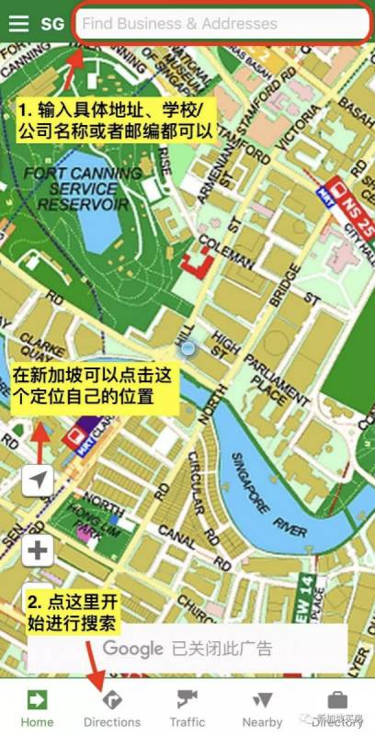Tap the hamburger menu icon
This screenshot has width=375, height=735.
[x=18, y=23]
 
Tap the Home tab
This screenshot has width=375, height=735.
[x=37, y=707]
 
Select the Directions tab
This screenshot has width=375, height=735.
[x=112, y=707]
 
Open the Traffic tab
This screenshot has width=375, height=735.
[x=187, y=707]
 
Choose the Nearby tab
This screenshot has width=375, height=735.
[x=262, y=707]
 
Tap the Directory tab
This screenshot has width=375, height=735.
[x=337, y=707]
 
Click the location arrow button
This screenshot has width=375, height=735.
[x=38, y=480]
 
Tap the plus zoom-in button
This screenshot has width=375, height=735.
[x=38, y=551]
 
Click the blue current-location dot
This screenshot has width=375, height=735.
[x=188, y=348]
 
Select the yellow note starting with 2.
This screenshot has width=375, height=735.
[x=75, y=612]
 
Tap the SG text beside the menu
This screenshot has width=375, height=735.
[x=52, y=24]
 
